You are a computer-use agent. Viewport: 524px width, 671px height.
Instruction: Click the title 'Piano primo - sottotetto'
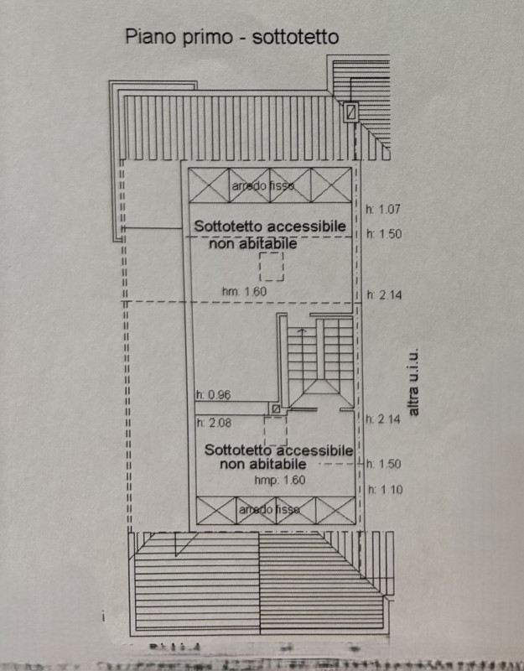click(x=231, y=37)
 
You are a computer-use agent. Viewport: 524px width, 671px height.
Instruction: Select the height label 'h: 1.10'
click(x=386, y=488)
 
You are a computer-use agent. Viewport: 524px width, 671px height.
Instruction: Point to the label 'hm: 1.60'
click(x=245, y=291)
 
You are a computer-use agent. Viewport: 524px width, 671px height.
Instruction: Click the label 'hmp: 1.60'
click(x=280, y=481)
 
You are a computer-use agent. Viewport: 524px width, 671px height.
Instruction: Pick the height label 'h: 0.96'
click(x=213, y=395)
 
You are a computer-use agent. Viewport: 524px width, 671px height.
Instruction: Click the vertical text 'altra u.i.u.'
click(x=412, y=384)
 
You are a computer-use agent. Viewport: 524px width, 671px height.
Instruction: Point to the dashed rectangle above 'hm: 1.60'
click(x=271, y=266)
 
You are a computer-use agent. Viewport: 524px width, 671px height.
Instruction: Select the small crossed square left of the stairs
click(x=275, y=408)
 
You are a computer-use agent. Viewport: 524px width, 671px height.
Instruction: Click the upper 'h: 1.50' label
click(x=386, y=235)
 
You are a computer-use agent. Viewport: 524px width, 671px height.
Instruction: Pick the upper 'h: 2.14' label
click(x=386, y=295)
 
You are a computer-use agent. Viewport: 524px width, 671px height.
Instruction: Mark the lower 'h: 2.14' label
click(x=386, y=419)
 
